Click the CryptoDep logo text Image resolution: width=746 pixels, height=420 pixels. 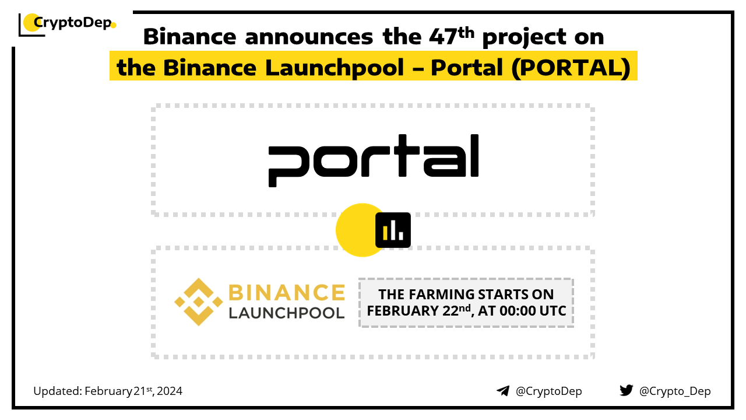coord(73,23)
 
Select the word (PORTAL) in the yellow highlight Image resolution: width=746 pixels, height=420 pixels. coord(571,68)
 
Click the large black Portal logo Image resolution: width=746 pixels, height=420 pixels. coord(374,160)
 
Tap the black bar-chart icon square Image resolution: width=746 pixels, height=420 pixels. coord(393,230)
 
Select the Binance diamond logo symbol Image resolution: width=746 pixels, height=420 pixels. coord(199,302)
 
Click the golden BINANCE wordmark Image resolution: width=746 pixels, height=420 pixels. coord(287,293)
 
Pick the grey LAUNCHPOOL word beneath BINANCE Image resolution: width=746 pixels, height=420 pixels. coord(287,313)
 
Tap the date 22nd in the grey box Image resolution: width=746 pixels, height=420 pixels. coord(456,310)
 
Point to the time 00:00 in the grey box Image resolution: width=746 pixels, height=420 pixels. coord(518,311)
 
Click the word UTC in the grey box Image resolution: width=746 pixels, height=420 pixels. coord(553,311)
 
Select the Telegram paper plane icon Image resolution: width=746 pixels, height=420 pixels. coord(503,391)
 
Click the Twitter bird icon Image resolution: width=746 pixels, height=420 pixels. coord(627,390)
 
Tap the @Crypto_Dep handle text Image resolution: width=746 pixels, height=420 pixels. coord(675,391)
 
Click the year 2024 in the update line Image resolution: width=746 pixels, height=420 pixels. coord(170,391)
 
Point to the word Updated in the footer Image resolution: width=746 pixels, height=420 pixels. coord(58,391)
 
